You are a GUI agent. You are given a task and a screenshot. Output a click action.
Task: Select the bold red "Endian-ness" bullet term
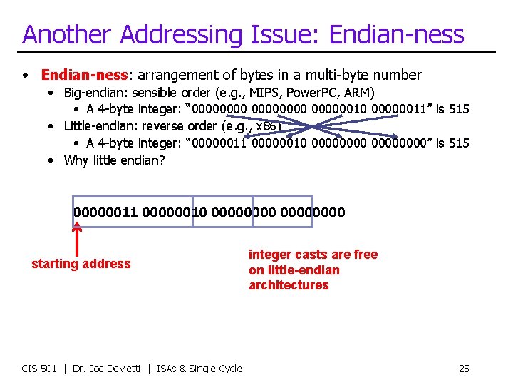83,75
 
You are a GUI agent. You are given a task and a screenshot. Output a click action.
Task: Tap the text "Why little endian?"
114,160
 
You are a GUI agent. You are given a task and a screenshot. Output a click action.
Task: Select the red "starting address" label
81,264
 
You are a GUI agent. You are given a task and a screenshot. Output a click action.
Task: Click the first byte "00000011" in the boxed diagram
105,212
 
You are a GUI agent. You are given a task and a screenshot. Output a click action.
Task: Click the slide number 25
464,369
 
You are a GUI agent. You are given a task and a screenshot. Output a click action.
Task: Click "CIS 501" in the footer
39,369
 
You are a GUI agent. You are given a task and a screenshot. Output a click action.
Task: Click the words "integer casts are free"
313,255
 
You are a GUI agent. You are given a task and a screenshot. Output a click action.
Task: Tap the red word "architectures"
289,285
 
